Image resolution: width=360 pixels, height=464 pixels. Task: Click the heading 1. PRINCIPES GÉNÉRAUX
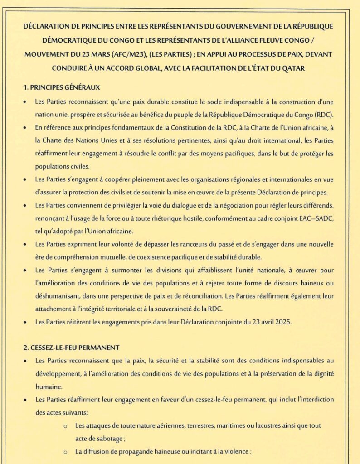(x=62, y=87)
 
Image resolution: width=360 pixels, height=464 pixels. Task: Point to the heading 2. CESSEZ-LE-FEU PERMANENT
(x=71, y=348)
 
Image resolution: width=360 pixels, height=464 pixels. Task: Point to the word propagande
(x=135, y=452)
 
